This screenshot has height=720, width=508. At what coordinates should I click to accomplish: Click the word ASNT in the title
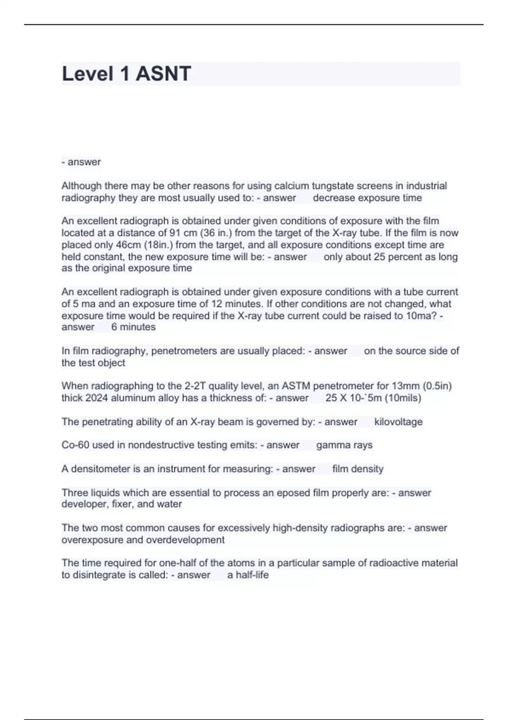click(163, 74)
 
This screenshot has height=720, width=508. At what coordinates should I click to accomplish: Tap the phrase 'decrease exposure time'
click(367, 198)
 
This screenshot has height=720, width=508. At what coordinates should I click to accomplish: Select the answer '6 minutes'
click(133, 327)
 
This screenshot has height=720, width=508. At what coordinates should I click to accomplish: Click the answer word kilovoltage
click(398, 422)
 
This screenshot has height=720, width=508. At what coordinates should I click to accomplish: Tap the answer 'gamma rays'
click(344, 445)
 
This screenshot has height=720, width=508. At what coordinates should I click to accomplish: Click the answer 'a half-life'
click(248, 575)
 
